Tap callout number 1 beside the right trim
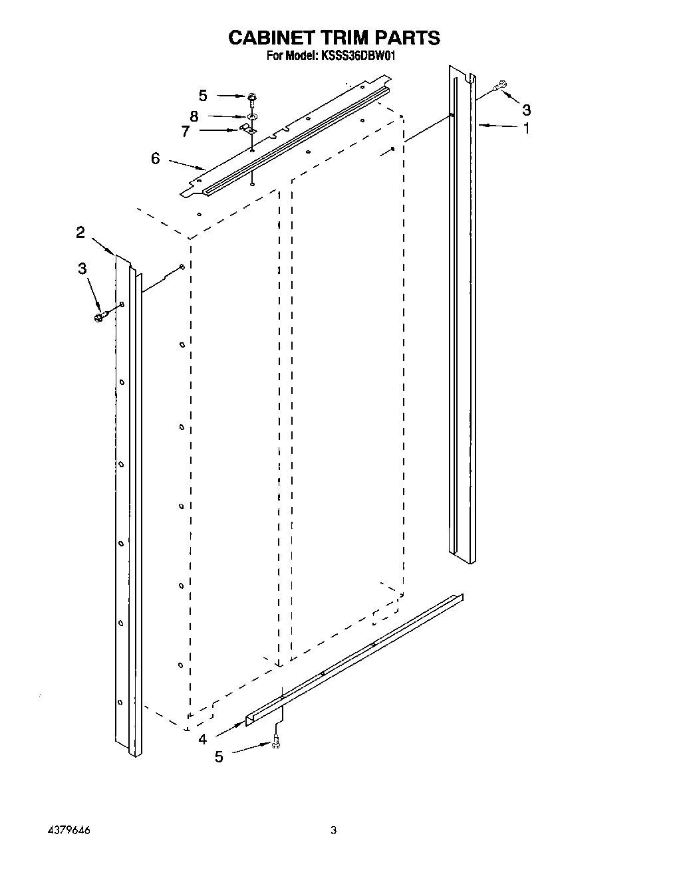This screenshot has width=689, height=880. pyautogui.click(x=526, y=128)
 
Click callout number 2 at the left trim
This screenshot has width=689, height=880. pyautogui.click(x=80, y=232)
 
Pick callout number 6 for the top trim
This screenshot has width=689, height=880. pyautogui.click(x=155, y=158)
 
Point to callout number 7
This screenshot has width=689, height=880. pyautogui.click(x=185, y=131)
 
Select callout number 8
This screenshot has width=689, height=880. pyautogui.click(x=194, y=116)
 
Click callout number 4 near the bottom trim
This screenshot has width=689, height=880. pyautogui.click(x=202, y=738)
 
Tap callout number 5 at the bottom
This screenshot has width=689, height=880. pyautogui.click(x=219, y=756)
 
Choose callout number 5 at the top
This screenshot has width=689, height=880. pyautogui.click(x=203, y=95)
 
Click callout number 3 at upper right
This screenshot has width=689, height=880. pyautogui.click(x=526, y=109)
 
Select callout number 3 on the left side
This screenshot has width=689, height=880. pyautogui.click(x=82, y=269)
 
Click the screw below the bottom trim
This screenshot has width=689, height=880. pyautogui.click(x=277, y=745)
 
